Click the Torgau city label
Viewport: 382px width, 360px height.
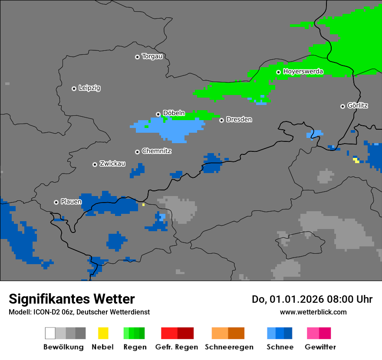tap(152, 56)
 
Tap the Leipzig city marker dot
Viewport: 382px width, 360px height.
tap(74, 88)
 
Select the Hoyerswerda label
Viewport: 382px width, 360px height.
tap(303, 72)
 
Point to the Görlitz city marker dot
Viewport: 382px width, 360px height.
tap(342, 106)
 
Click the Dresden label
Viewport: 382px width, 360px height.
tap(239, 120)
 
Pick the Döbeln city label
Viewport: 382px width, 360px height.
tap(174, 114)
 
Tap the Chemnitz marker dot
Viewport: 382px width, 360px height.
tap(137, 152)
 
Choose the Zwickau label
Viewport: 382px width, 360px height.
tap(112, 164)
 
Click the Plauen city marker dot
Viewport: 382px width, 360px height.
tap(56, 202)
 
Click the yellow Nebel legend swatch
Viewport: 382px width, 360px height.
tap(103, 333)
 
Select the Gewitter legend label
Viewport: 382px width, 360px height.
tap(320, 347)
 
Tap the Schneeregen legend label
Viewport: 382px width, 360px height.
tap(229, 347)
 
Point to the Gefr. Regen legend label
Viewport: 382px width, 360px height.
tap(177, 347)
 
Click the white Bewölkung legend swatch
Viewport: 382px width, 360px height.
tap(50, 333)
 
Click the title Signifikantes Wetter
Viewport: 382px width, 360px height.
tap(72, 299)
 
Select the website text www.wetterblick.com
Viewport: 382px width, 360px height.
tap(313, 312)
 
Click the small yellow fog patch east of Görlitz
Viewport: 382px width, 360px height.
tap(356, 160)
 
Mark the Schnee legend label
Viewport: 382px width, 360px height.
tap(280, 347)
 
